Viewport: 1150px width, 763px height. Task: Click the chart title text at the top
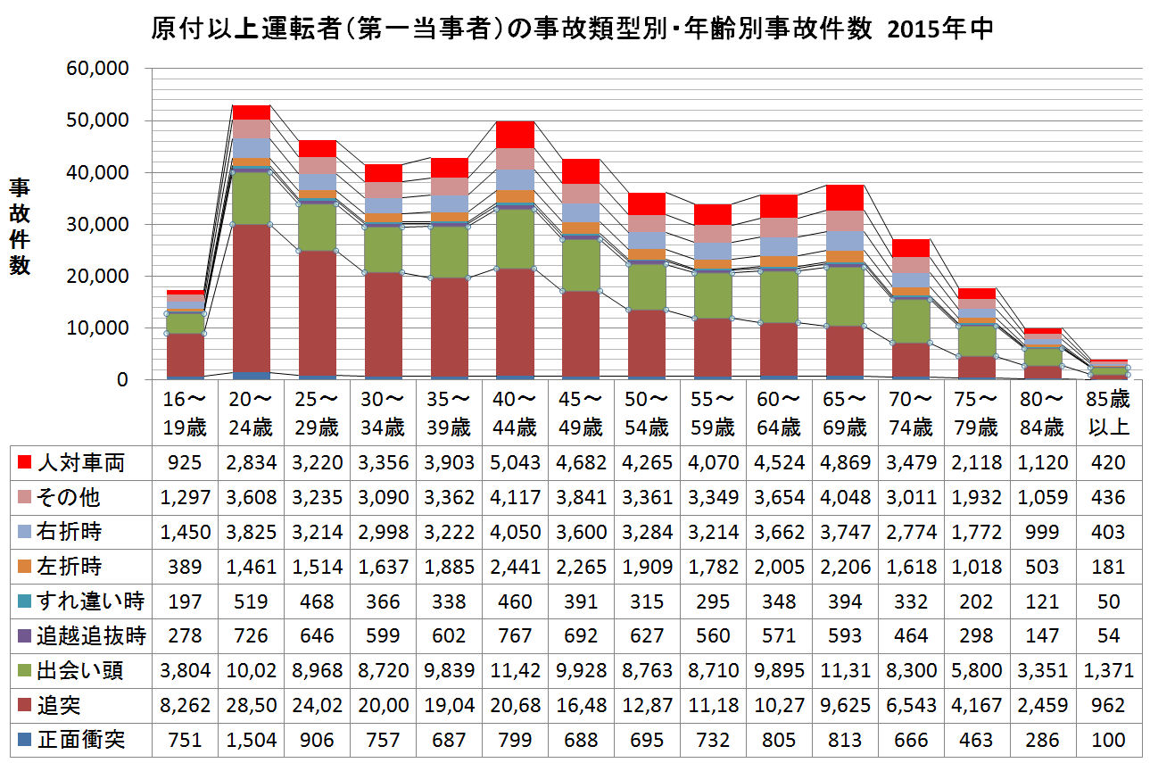point(572,29)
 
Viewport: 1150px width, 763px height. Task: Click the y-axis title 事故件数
point(20,227)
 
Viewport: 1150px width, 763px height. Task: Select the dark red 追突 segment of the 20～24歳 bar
point(251,294)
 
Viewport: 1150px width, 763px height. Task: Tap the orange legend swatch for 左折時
point(24,567)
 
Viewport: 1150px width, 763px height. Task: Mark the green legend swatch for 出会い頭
point(24,671)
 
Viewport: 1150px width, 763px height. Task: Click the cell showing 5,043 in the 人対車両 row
point(515,462)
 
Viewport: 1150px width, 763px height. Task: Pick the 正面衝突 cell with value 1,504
point(251,740)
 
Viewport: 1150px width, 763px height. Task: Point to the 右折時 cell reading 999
point(1043,532)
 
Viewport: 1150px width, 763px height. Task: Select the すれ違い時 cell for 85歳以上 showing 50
point(1109,601)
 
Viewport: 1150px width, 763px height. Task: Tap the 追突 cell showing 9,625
point(845,706)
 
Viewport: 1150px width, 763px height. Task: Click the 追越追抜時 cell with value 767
point(515,636)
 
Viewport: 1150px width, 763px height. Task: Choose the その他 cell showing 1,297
point(185,497)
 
